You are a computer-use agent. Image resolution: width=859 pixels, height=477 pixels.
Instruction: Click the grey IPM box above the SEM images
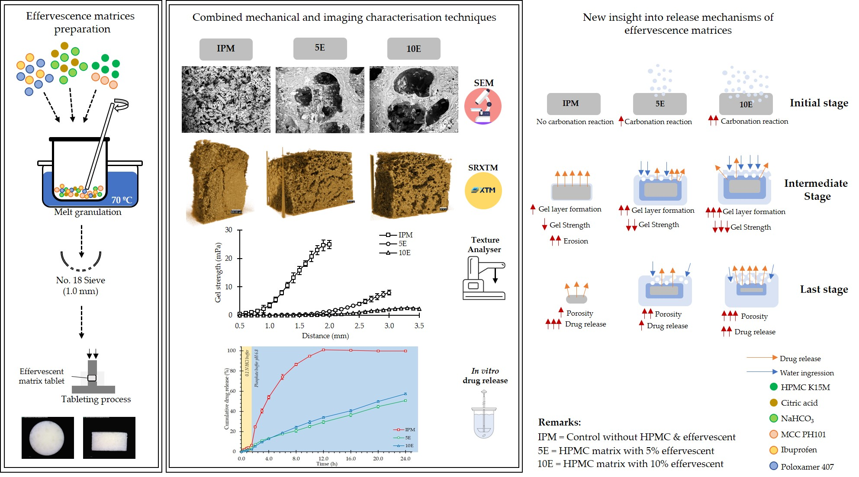[225, 49]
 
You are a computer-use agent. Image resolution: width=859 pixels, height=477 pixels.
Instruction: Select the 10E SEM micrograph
[413, 99]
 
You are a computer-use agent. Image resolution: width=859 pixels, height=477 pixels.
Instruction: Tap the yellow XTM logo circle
[483, 190]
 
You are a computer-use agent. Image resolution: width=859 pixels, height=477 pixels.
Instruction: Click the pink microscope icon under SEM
[483, 106]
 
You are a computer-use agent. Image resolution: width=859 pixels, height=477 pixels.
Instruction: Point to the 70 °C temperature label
[122, 200]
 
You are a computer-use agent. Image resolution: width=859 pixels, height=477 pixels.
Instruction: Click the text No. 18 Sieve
[80, 280]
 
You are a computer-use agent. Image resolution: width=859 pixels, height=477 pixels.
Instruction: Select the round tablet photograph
[47, 438]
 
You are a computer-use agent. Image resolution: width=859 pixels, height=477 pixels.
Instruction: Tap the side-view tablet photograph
[109, 438]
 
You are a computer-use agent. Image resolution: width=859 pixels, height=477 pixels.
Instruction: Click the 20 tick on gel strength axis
[228, 258]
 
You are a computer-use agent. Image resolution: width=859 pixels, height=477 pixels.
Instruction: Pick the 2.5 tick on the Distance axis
[359, 326]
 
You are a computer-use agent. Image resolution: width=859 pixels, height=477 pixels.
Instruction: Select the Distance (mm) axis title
[325, 336]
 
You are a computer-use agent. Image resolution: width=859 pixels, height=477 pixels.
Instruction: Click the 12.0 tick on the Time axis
[323, 458]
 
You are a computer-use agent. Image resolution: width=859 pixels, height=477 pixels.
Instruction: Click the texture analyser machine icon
[483, 278]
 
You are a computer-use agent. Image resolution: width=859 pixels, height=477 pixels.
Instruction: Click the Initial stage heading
[818, 103]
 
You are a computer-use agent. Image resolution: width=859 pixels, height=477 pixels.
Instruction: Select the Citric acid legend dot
[774, 403]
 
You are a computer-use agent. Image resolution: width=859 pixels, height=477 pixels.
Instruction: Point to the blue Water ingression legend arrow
[762, 371]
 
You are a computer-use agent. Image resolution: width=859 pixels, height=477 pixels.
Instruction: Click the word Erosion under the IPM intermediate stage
[575, 241]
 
